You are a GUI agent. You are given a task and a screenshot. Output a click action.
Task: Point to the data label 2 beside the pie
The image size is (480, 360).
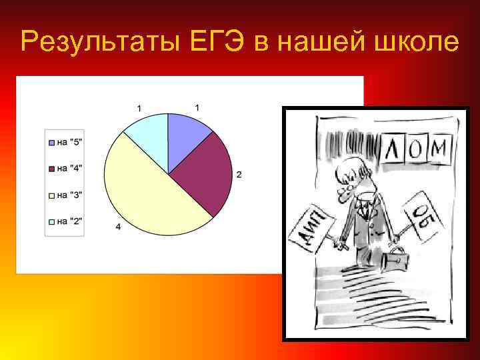[x=239, y=175]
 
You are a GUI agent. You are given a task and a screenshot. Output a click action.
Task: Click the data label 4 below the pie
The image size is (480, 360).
[x=118, y=227]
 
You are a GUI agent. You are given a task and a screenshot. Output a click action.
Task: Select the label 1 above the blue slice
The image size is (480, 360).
[x=197, y=107]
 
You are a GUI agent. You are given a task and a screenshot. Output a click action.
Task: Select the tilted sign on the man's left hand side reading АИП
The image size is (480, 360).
[x=311, y=227]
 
